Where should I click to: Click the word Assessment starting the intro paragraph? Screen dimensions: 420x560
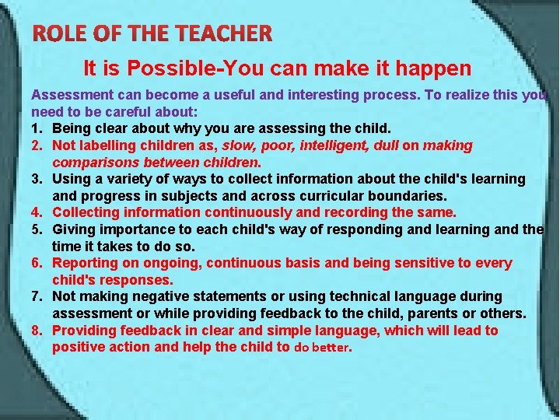(x=69, y=95)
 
